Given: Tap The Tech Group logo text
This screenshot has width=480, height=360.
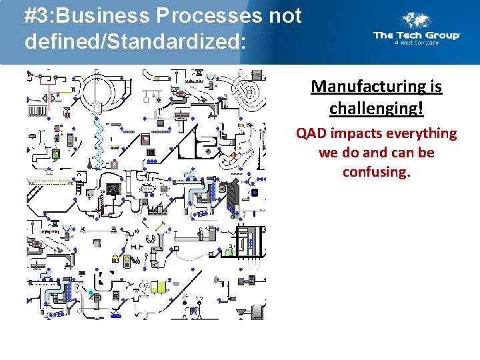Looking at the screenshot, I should tap(417, 35).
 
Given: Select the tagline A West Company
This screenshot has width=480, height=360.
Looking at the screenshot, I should tap(416, 43).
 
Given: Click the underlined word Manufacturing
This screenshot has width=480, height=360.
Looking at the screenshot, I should tap(377, 87).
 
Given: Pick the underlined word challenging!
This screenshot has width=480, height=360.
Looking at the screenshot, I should tap(377, 108).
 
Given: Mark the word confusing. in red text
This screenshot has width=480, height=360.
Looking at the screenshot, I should tap(376, 172).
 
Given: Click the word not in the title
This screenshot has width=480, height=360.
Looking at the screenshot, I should tap(285, 15).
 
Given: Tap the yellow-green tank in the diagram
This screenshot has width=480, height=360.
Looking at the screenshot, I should tap(159, 287).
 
